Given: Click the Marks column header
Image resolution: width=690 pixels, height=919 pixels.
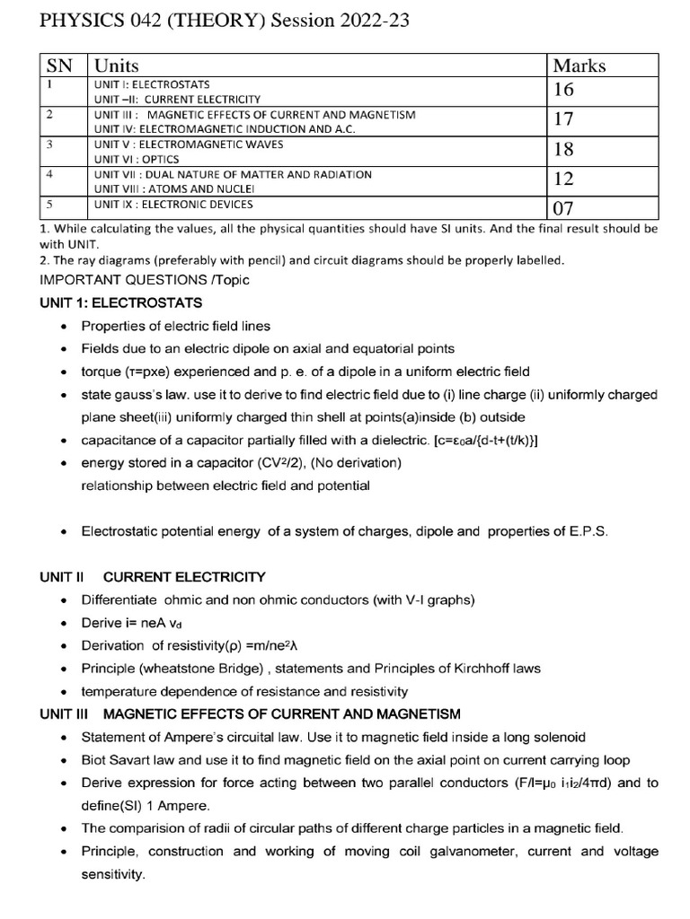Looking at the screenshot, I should click(x=579, y=66).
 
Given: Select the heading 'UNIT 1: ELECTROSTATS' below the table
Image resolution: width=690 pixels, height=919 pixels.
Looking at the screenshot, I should click(x=121, y=302).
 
